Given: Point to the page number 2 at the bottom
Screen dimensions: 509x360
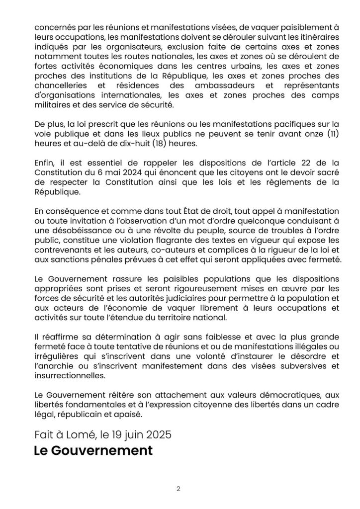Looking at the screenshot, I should click(x=178, y=488).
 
